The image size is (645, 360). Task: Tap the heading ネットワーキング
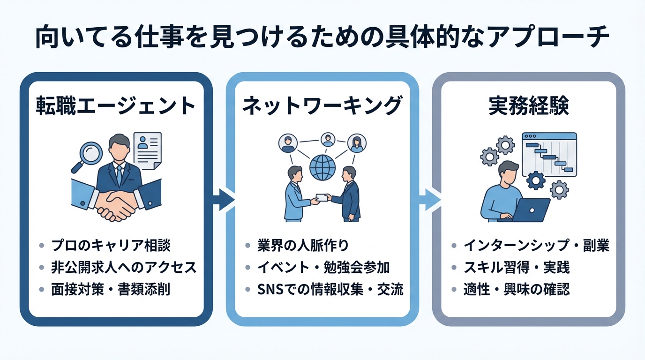click(x=322, y=106)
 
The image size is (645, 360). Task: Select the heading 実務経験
click(x=528, y=106)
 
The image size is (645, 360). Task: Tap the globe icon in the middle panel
click(x=322, y=166)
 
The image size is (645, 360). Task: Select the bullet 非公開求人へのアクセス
click(x=123, y=267)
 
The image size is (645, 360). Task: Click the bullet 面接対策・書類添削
click(x=111, y=289)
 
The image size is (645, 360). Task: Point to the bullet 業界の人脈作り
click(x=303, y=245)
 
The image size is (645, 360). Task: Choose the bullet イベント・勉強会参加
click(x=323, y=267)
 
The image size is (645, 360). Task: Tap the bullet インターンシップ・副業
click(x=536, y=245)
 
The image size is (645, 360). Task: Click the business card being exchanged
click(x=322, y=197)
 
